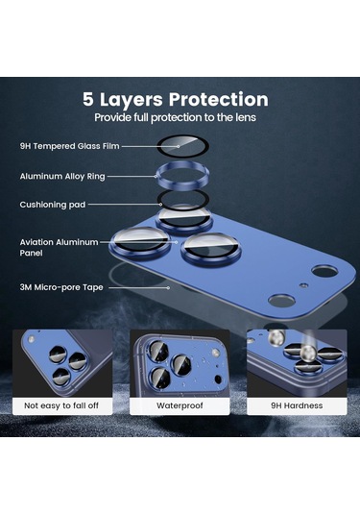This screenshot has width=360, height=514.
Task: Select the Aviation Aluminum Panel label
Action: coord(58,248)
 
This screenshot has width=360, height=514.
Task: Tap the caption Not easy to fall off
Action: coord(62,405)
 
